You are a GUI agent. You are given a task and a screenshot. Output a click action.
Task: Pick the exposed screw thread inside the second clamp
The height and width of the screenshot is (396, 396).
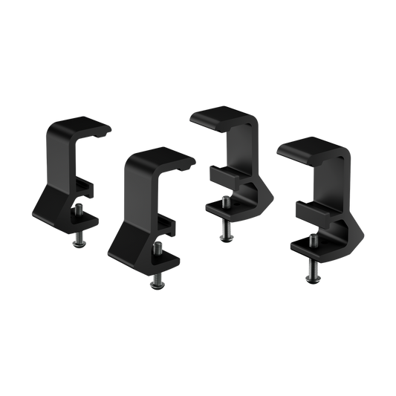tap(158, 248)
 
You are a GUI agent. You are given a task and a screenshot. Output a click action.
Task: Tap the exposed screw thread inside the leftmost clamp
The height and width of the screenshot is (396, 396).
tap(83, 211)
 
